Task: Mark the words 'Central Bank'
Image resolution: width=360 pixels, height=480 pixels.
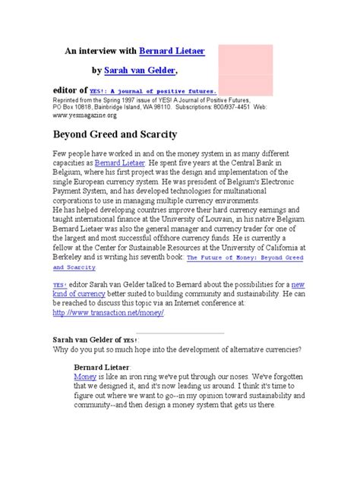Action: point(267,163)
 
